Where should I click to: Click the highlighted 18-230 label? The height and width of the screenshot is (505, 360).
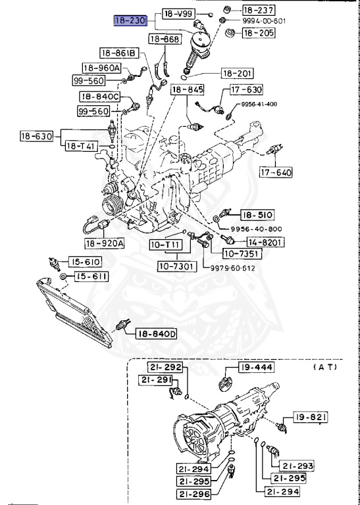pyautogui.click(x=131, y=21)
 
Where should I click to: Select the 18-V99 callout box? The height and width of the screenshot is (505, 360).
pyautogui.click(x=178, y=14)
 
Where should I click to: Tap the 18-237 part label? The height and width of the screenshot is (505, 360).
pyautogui.click(x=259, y=10)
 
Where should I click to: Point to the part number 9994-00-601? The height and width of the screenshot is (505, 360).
pyautogui.click(x=264, y=21)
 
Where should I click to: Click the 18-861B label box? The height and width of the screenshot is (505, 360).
pyautogui.click(x=119, y=53)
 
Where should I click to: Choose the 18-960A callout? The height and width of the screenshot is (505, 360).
pyautogui.click(x=101, y=68)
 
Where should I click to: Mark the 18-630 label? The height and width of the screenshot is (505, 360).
pyautogui.click(x=36, y=136)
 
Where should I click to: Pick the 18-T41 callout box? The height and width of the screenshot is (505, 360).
pyautogui.click(x=81, y=146)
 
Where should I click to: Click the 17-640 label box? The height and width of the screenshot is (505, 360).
pyautogui.click(x=276, y=172)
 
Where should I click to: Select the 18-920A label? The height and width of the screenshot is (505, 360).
pyautogui.click(x=105, y=243)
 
